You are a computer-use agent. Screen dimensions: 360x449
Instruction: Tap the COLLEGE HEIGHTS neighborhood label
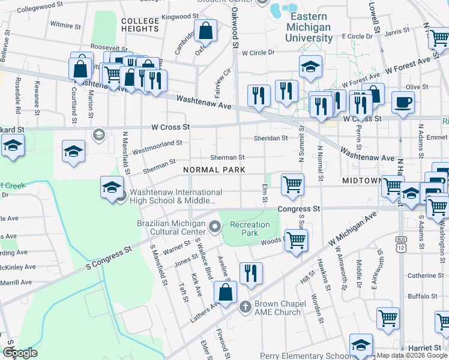pyautogui.click(x=140, y=25)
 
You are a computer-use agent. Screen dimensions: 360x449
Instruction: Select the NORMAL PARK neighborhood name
pyautogui.click(x=214, y=170)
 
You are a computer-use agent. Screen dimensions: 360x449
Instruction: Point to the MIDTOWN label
pyautogui.click(x=362, y=180)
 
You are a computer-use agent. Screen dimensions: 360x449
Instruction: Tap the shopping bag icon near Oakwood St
pyautogui.click(x=205, y=31)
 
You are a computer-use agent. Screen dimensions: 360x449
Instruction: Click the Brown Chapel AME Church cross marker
pyautogui.click(x=245, y=307)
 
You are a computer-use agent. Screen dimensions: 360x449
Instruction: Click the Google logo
pyautogui.click(x=20, y=353)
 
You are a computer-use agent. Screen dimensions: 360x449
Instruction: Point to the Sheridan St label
pyautogui.click(x=271, y=138)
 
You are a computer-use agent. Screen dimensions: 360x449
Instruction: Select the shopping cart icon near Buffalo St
pyautogui.click(x=388, y=318)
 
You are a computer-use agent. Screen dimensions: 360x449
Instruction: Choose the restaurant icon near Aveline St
pyautogui.click(x=251, y=273)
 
